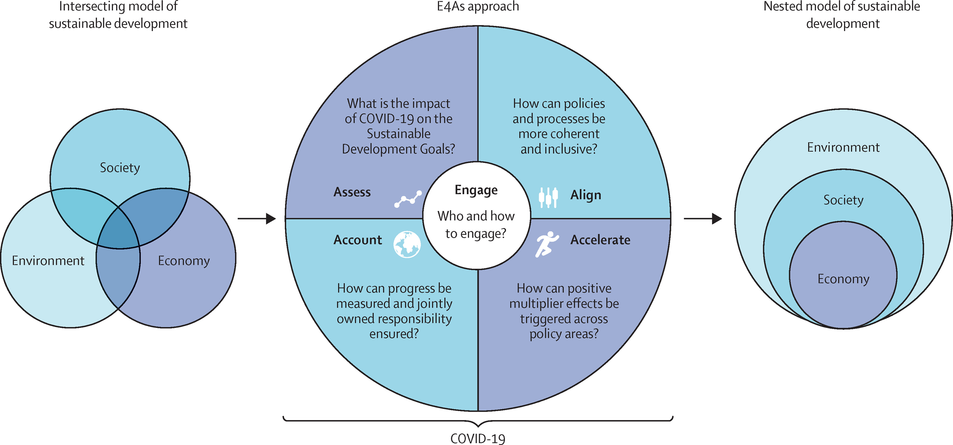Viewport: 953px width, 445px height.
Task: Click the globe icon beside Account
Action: pos(407,244)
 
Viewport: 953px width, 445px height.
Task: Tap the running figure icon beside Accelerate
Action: pos(547,244)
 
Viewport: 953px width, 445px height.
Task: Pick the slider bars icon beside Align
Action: pos(548,197)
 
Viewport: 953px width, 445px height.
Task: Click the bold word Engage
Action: pos(476,190)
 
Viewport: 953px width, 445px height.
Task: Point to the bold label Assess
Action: pos(352,192)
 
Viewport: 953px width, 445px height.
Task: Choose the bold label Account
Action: pos(358,240)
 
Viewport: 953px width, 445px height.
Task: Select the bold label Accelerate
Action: pos(600,240)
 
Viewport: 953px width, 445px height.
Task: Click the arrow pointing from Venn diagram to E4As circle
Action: pos(257,218)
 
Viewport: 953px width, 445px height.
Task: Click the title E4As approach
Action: pos(478,6)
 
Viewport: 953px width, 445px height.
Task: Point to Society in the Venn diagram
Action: pos(120,168)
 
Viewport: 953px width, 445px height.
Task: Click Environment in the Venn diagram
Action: pos(48,261)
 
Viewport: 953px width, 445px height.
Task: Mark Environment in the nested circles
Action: pos(843,147)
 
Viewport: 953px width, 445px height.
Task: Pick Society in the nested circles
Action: pos(843,200)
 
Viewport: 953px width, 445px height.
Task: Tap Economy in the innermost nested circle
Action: pos(843,279)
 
